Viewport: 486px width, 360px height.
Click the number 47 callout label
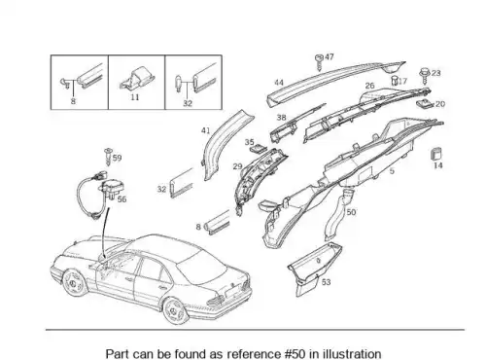tap(330, 56)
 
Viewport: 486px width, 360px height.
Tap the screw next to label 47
tap(319, 62)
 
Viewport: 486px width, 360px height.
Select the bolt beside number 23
tap(425, 76)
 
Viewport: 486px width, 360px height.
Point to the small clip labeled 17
tap(395, 81)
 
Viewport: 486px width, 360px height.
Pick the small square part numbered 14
tap(436, 154)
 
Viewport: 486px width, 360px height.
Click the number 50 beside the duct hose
tap(351, 212)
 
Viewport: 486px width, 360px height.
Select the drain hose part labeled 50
tap(338, 215)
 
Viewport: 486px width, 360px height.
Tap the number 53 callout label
tap(326, 282)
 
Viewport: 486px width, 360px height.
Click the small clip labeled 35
tap(259, 148)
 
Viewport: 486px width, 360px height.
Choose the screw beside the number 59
tap(108, 157)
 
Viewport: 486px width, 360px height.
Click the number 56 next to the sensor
tap(121, 199)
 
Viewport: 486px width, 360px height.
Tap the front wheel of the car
tap(74, 283)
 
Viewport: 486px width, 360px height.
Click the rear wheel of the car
tap(175, 311)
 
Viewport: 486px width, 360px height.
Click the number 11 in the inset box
tap(135, 97)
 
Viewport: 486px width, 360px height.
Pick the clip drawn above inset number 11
tap(137, 78)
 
